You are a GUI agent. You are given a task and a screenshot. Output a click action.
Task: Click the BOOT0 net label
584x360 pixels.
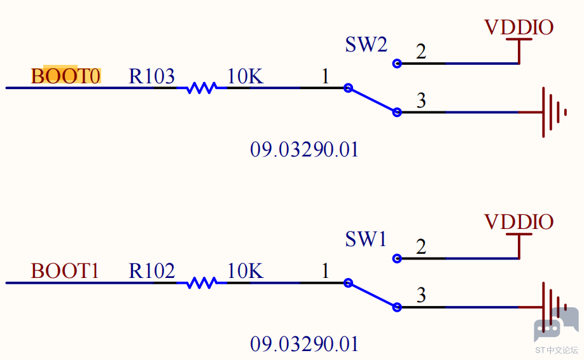pos(66,76)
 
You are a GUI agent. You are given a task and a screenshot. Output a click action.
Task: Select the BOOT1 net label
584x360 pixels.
pos(65,271)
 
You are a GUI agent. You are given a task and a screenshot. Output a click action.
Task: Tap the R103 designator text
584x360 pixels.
pos(151,76)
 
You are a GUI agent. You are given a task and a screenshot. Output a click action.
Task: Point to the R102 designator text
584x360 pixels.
pos(151,271)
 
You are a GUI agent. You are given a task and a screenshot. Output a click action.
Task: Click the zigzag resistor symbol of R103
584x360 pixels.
pos(202,88)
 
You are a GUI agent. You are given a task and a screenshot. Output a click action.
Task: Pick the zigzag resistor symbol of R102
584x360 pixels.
pos(202,283)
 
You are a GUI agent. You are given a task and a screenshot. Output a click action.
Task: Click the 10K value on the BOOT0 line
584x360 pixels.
pos(246,76)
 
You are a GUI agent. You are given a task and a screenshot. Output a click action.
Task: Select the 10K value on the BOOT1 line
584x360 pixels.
pos(246,271)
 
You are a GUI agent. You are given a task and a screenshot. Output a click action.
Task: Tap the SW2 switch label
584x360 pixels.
pos(366,45)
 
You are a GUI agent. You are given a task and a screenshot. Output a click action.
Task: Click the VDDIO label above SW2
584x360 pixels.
pos(519,27)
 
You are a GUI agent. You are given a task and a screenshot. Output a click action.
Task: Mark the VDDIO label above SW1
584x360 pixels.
pos(519,222)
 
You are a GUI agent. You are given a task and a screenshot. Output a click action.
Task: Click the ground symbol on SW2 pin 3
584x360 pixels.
pos(548,112)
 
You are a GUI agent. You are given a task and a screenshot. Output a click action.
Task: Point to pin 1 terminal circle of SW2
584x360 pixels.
pos(348,88)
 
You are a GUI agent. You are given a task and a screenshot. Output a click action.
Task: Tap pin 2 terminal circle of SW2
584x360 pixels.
pos(397,64)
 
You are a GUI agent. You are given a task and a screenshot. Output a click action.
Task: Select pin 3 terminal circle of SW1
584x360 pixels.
pos(397,307)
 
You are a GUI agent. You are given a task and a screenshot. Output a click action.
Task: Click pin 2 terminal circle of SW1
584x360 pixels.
pos(397,258)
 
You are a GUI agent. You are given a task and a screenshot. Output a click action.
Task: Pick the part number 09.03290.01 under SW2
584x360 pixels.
pos(304,149)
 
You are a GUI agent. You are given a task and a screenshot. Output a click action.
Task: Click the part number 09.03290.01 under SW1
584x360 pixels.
pos(304,344)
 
